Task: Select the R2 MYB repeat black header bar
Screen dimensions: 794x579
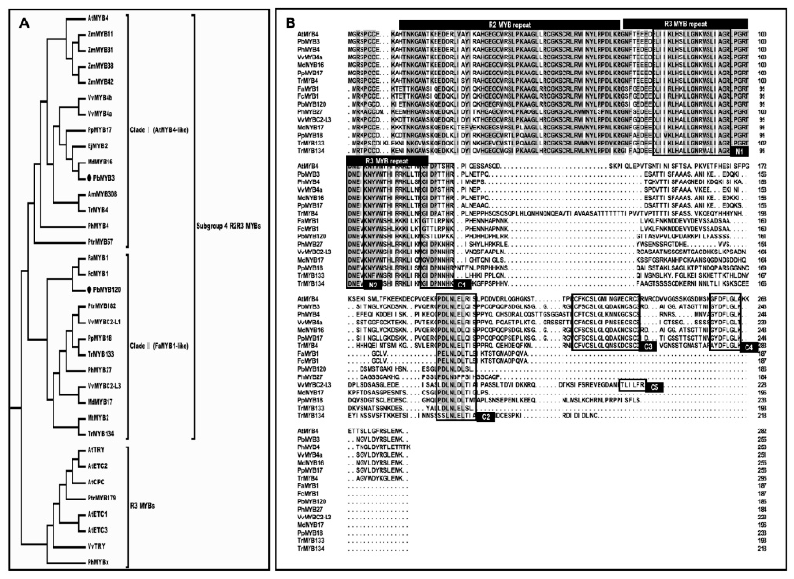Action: [x=509, y=25]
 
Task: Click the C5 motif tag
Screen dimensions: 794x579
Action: [x=654, y=387]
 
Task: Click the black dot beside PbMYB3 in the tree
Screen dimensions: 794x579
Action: [x=89, y=178]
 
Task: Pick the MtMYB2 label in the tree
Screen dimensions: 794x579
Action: [x=98, y=418]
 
